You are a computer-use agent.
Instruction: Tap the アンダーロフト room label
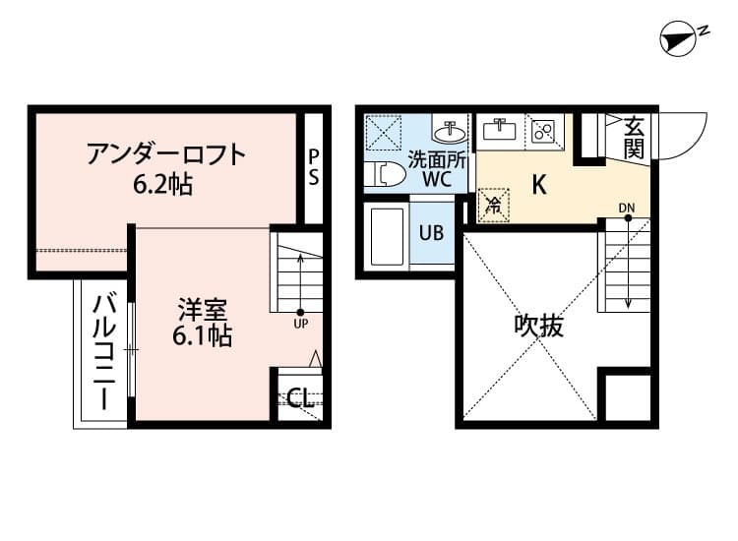point(164,154)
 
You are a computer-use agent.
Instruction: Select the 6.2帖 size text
point(164,182)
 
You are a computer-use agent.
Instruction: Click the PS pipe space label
point(313,167)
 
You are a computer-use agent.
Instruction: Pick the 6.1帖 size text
point(202,337)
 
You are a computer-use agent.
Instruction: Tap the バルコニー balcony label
point(103,351)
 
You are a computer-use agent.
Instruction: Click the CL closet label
point(300,398)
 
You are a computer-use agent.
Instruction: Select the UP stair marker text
point(301,324)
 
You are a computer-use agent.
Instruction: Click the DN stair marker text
point(628,207)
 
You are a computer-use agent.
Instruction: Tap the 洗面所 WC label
point(431,168)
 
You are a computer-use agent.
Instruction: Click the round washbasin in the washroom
point(453,131)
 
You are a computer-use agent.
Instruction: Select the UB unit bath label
point(431,233)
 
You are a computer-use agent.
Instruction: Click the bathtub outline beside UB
point(387,237)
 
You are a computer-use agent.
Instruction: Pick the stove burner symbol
point(542,131)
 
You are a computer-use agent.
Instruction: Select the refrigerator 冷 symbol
point(494,206)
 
